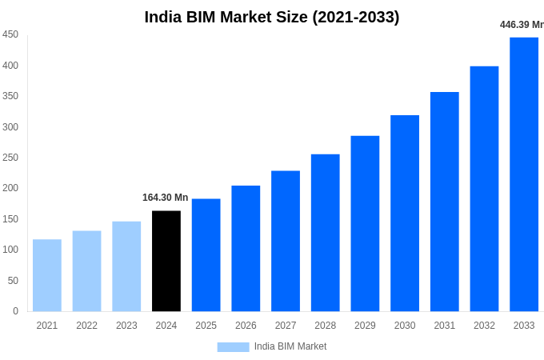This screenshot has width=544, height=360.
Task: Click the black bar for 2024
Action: [166, 261]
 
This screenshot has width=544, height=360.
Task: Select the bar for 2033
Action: [524, 174]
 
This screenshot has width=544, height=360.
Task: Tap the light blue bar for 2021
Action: [47, 275]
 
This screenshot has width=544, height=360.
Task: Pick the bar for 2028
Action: [325, 233]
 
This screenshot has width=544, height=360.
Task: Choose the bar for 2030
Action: [405, 213]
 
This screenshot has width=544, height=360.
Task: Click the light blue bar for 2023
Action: [126, 266]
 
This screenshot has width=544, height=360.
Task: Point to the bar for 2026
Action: [246, 248]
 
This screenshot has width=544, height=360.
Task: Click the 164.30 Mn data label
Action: [165, 198]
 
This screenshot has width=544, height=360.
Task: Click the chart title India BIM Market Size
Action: [272, 17]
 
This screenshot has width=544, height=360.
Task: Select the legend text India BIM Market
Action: [290, 346]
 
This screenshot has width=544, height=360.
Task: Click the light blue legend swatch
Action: [233, 347]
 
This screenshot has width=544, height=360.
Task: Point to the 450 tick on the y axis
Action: [10, 34]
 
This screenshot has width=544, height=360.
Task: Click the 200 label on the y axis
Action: [10, 188]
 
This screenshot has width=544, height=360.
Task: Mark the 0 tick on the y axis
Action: [15, 311]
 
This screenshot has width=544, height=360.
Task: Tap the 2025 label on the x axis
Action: [206, 326]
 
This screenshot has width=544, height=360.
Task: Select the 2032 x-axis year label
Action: [484, 326]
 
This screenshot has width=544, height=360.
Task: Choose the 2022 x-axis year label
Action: [86, 326]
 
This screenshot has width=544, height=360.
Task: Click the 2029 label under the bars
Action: [365, 326]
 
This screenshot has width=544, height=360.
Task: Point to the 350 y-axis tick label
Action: [10, 96]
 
